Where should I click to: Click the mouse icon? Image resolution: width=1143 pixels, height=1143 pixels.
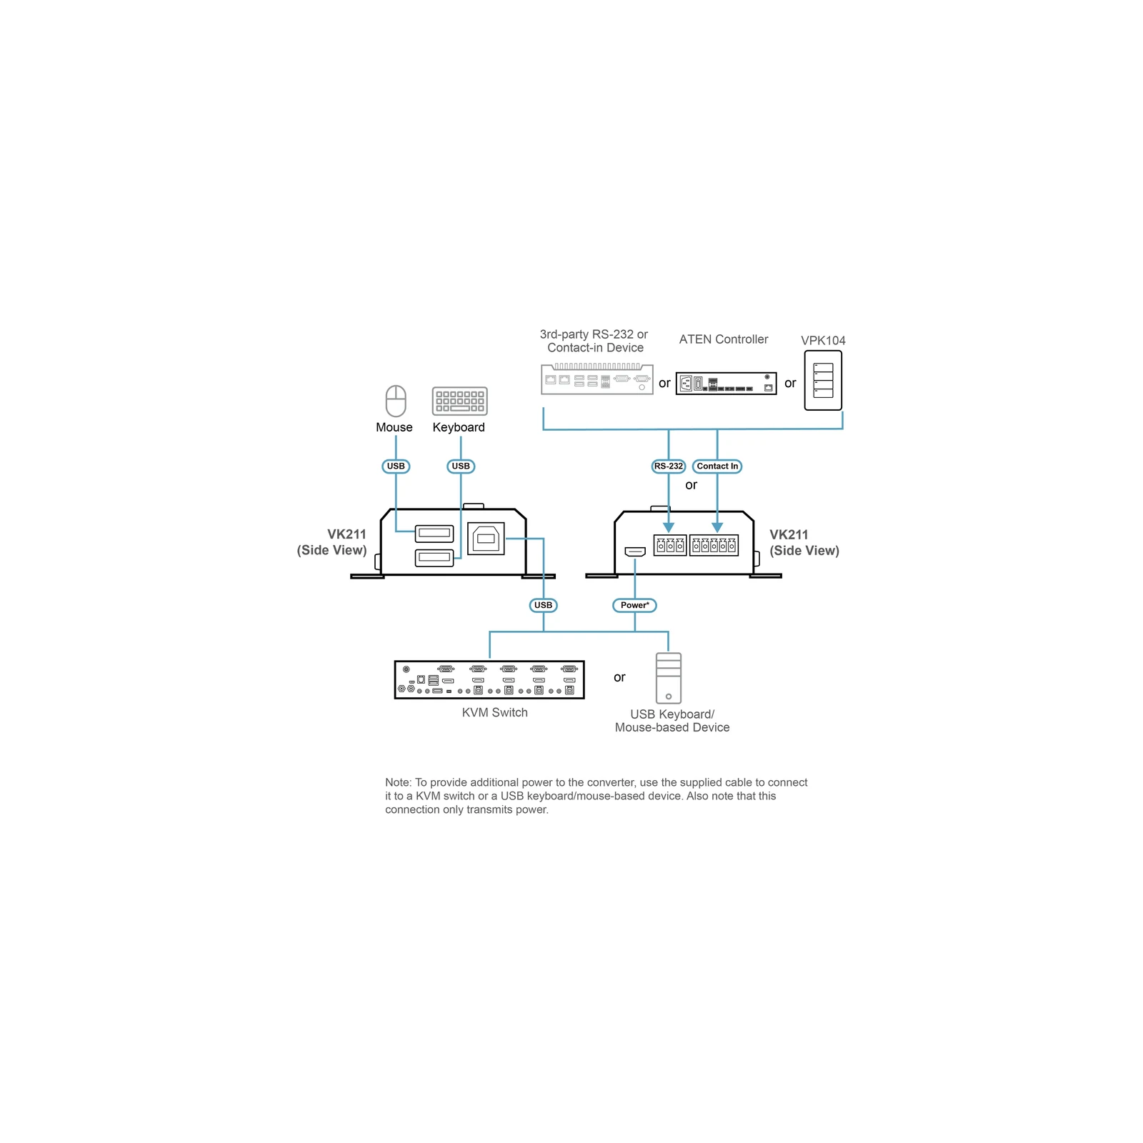point(396,401)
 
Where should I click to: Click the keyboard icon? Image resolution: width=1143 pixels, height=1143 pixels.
point(460,401)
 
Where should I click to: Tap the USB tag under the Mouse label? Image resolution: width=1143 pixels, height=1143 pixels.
point(396,466)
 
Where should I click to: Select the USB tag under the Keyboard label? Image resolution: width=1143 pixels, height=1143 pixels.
point(461,466)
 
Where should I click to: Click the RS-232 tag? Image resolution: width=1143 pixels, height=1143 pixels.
point(669,466)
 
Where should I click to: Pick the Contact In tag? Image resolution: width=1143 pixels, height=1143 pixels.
point(717,466)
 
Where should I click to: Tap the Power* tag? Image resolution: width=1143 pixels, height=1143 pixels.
point(634,605)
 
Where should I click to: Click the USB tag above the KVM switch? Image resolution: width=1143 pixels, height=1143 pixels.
point(544,605)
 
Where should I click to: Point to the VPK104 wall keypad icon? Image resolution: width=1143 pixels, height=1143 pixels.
point(823,381)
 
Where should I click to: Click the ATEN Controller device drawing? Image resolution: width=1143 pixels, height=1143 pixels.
point(726,384)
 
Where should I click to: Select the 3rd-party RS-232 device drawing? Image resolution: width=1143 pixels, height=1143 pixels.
point(597,379)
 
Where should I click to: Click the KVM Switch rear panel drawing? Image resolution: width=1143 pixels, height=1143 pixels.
point(489,679)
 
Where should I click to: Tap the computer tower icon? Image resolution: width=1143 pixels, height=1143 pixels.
point(669,678)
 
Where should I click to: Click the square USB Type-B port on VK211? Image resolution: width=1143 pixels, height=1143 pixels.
point(486,539)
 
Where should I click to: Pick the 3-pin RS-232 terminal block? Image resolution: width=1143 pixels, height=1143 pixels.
point(670,545)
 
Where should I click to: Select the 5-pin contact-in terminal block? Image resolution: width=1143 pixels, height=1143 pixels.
point(714,545)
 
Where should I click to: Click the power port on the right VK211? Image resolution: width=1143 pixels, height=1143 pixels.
point(635,551)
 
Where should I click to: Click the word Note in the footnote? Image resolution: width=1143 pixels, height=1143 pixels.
point(397,782)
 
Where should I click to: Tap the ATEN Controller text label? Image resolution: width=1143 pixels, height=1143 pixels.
point(724,339)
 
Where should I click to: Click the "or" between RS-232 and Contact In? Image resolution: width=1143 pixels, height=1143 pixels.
point(691,485)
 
